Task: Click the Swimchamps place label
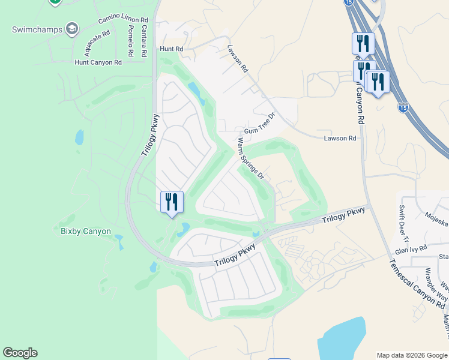(x=37, y=29)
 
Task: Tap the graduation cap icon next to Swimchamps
(x=72, y=29)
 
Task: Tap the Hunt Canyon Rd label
(x=98, y=62)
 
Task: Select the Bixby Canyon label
(x=86, y=231)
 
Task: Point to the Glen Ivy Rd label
(x=411, y=249)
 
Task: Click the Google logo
(x=20, y=353)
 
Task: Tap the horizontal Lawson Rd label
(x=340, y=138)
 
